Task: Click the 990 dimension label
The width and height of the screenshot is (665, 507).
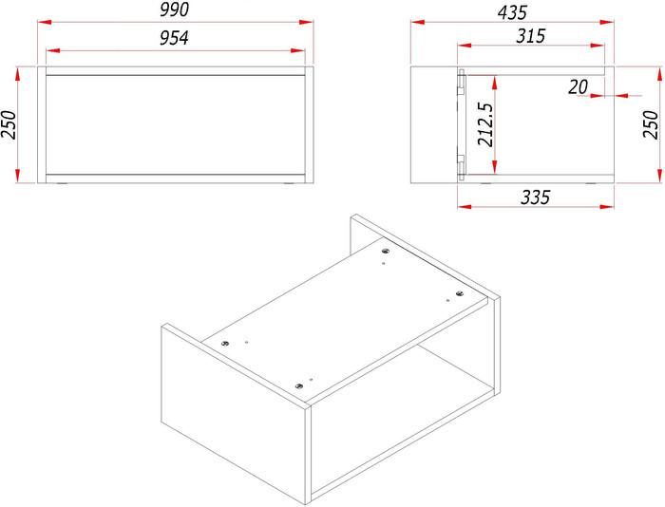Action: pos(174,9)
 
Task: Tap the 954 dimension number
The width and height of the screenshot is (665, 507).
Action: pos(174,38)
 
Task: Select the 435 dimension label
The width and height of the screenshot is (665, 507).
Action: pos(512,12)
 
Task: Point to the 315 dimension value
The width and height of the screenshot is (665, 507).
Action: pos(530,36)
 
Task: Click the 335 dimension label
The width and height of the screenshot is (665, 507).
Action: pos(535,197)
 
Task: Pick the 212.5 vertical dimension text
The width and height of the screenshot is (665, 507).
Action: pos(485,124)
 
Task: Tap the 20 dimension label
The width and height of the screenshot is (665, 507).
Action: pos(578,87)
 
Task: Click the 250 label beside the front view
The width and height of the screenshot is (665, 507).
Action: pos(9,125)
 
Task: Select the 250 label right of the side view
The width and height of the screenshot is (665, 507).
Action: pos(651,124)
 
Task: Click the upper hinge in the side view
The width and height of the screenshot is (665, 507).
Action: pos(461,84)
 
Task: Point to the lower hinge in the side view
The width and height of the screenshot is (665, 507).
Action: pos(461,165)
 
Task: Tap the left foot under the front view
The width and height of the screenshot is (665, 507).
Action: pos(63,184)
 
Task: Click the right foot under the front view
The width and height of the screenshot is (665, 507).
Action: pos(290,184)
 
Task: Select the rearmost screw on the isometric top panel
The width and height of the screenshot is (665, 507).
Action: pos(385,251)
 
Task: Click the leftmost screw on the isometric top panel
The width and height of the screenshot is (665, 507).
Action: pos(225,343)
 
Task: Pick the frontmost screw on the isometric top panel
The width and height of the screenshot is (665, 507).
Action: pos(299,385)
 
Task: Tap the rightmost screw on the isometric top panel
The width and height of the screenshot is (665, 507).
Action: pos(459,293)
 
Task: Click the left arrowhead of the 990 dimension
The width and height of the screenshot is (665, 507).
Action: pos(45,22)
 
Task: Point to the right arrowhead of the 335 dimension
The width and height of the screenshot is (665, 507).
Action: pos(607,207)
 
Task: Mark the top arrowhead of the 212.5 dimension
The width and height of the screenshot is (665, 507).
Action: pos(495,83)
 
